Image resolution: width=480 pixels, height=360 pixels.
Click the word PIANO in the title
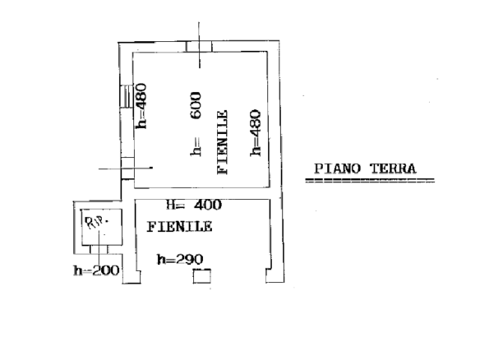[337, 168]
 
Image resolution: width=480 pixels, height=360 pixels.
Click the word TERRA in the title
[393, 168]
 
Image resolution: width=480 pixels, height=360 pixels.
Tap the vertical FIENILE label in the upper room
[223, 142]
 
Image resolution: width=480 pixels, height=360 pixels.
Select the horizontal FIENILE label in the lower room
[180, 227]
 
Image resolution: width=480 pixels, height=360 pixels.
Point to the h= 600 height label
[196, 124]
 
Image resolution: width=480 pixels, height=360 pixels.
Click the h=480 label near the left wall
[141, 106]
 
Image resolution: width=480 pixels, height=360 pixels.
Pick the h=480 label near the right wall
[256, 133]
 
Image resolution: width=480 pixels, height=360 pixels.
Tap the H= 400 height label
[194, 205]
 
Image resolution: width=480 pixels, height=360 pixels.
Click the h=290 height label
[180, 259]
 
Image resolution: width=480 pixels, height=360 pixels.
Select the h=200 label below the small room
[96, 270]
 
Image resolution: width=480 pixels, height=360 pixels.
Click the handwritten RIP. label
[96, 222]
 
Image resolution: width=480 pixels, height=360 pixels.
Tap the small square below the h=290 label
[202, 276]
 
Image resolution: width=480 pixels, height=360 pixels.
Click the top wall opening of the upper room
[199, 47]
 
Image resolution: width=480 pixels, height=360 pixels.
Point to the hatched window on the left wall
[127, 96]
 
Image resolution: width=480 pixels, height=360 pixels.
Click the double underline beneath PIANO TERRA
[370, 180]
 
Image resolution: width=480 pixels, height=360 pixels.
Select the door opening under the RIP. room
[99, 250]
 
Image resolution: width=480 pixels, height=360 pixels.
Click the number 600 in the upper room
[196, 105]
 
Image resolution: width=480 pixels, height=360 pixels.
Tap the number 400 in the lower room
[208, 205]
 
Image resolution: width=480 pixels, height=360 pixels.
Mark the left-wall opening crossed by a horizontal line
[127, 168]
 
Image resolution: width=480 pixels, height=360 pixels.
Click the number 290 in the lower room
[189, 259]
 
